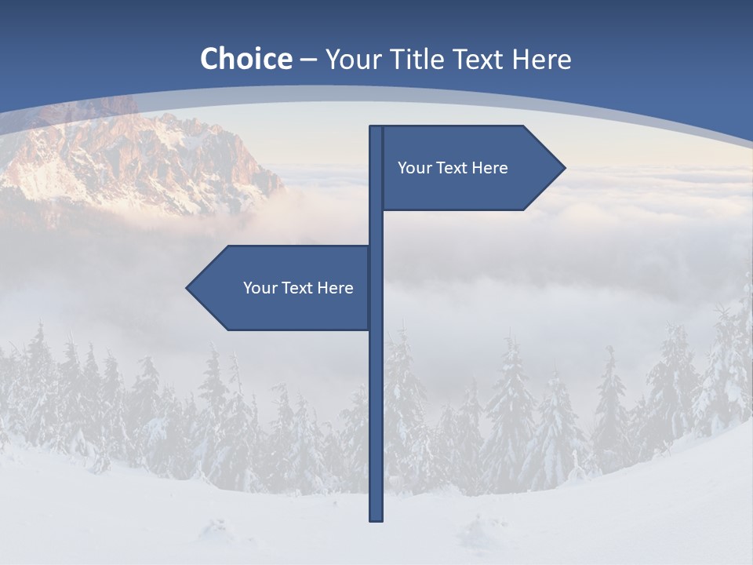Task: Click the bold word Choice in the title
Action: pyautogui.click(x=246, y=59)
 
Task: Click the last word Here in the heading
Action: pyautogui.click(x=541, y=59)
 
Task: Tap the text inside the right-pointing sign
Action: pyautogui.click(x=453, y=168)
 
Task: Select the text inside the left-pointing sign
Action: pyautogui.click(x=298, y=288)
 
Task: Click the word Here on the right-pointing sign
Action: pyautogui.click(x=490, y=168)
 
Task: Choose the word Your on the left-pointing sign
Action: pyautogui.click(x=259, y=288)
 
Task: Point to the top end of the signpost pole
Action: pyautogui.click(x=376, y=129)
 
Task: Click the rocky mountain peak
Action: pyautogui.click(x=157, y=149)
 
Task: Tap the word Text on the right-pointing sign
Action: pyautogui.click(x=451, y=168)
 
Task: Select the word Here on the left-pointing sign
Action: pyautogui.click(x=335, y=288)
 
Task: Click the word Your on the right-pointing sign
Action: pyautogui.click(x=413, y=168)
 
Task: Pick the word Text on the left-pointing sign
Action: pyautogui.click(x=296, y=288)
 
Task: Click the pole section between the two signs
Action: pyautogui.click(x=376, y=228)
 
